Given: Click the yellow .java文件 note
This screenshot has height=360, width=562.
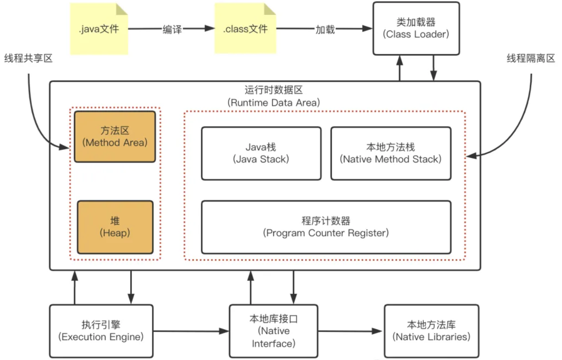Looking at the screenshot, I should tap(99, 29).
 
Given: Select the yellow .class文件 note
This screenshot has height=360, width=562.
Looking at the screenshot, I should tap(245, 29).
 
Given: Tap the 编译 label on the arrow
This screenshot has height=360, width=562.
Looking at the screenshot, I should tap(171, 29).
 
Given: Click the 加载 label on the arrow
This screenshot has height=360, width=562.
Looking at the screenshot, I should tap(325, 29).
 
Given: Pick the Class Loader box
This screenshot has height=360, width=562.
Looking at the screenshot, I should tap(416, 28).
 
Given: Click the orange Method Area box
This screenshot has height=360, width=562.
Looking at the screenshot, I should tap(115, 136).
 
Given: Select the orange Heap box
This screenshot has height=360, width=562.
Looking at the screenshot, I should tap(115, 227).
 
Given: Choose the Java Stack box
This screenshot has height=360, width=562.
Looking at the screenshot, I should tap(261, 153).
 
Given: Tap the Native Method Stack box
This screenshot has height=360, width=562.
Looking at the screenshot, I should tap(391, 153).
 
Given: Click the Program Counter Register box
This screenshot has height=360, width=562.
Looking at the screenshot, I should tap(326, 227).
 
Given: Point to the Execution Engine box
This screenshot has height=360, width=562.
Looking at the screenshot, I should tap(101, 331).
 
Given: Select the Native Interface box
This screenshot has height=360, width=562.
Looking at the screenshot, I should tap(273, 331).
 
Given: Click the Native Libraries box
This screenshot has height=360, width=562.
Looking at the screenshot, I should tap(431, 331).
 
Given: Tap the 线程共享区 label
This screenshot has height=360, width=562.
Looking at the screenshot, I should tap(28, 58).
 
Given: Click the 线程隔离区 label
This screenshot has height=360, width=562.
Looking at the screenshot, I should tap(531, 58).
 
